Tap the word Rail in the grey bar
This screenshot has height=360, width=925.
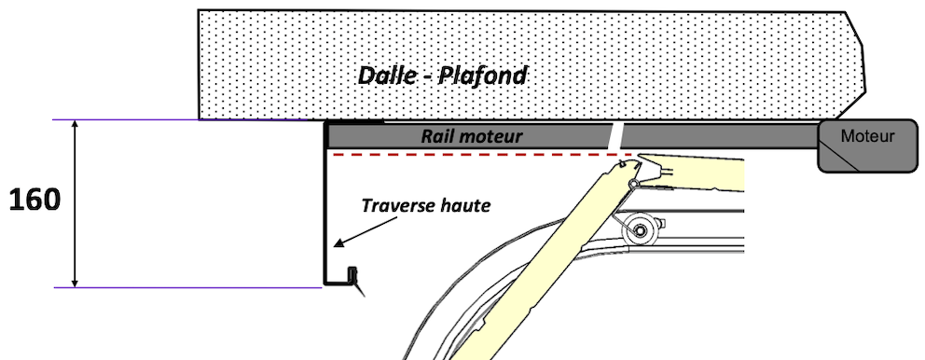(438, 136)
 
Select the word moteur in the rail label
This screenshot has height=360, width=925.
(490, 136)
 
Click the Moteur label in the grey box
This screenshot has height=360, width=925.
(867, 136)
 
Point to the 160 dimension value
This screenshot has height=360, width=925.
(35, 199)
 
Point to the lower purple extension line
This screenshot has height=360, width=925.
(186, 287)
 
